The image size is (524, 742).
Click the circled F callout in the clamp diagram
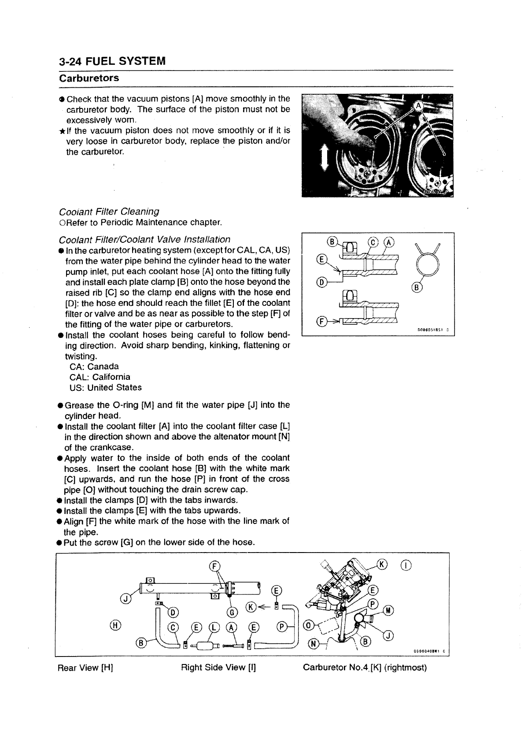321,321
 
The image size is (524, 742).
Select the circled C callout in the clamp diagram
373,242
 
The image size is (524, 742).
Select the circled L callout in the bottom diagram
214,627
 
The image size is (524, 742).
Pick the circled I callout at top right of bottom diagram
406,565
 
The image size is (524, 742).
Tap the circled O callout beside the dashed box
310,626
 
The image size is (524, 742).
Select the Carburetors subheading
89,78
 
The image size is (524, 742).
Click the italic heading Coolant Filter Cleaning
108,211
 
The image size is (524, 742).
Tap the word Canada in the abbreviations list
103,367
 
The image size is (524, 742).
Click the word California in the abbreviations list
108,377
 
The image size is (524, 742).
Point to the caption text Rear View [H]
85,668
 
